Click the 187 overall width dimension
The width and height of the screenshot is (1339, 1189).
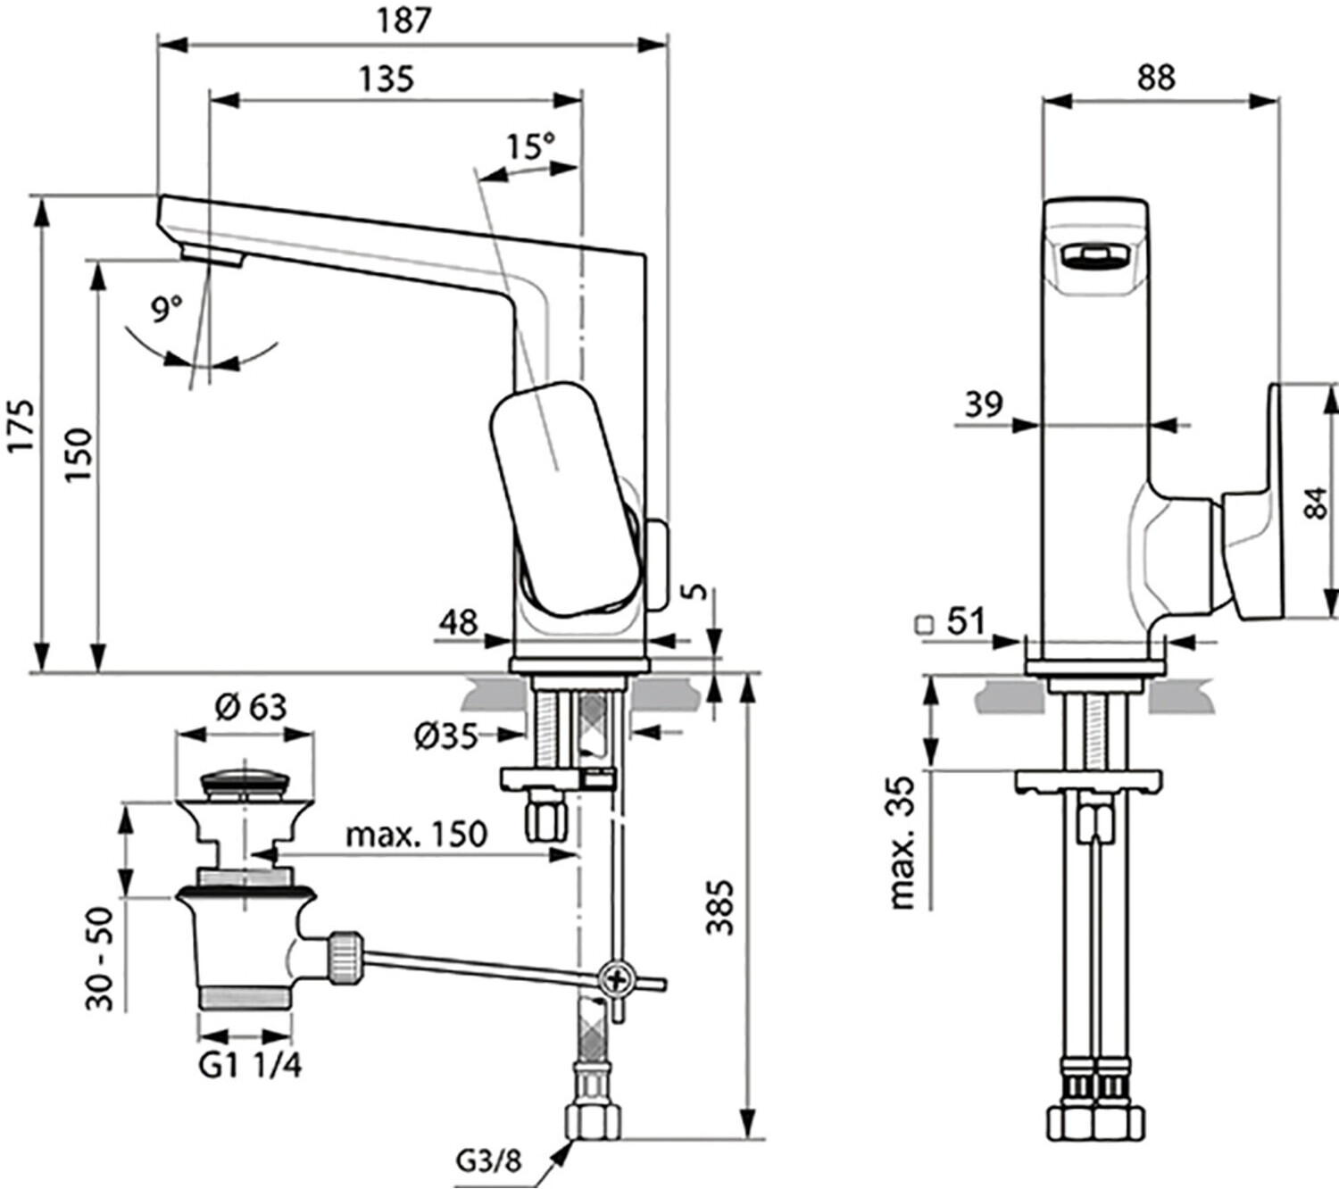404,21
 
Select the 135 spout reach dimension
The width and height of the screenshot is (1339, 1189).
387,79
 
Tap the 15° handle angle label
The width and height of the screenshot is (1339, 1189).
530,146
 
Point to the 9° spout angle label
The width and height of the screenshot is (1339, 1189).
167,310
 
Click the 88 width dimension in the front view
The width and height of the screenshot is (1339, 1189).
1156,78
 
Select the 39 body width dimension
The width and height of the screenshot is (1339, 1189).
984,404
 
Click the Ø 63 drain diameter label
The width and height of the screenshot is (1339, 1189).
251,707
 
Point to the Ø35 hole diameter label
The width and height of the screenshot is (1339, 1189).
446,736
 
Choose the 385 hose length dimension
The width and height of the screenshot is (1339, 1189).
719,907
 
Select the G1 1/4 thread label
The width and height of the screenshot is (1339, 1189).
250,1066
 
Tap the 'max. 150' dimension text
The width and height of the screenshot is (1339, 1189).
417,835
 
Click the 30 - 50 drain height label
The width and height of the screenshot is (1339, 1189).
101,958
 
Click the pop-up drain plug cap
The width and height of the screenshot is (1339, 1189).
244,786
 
